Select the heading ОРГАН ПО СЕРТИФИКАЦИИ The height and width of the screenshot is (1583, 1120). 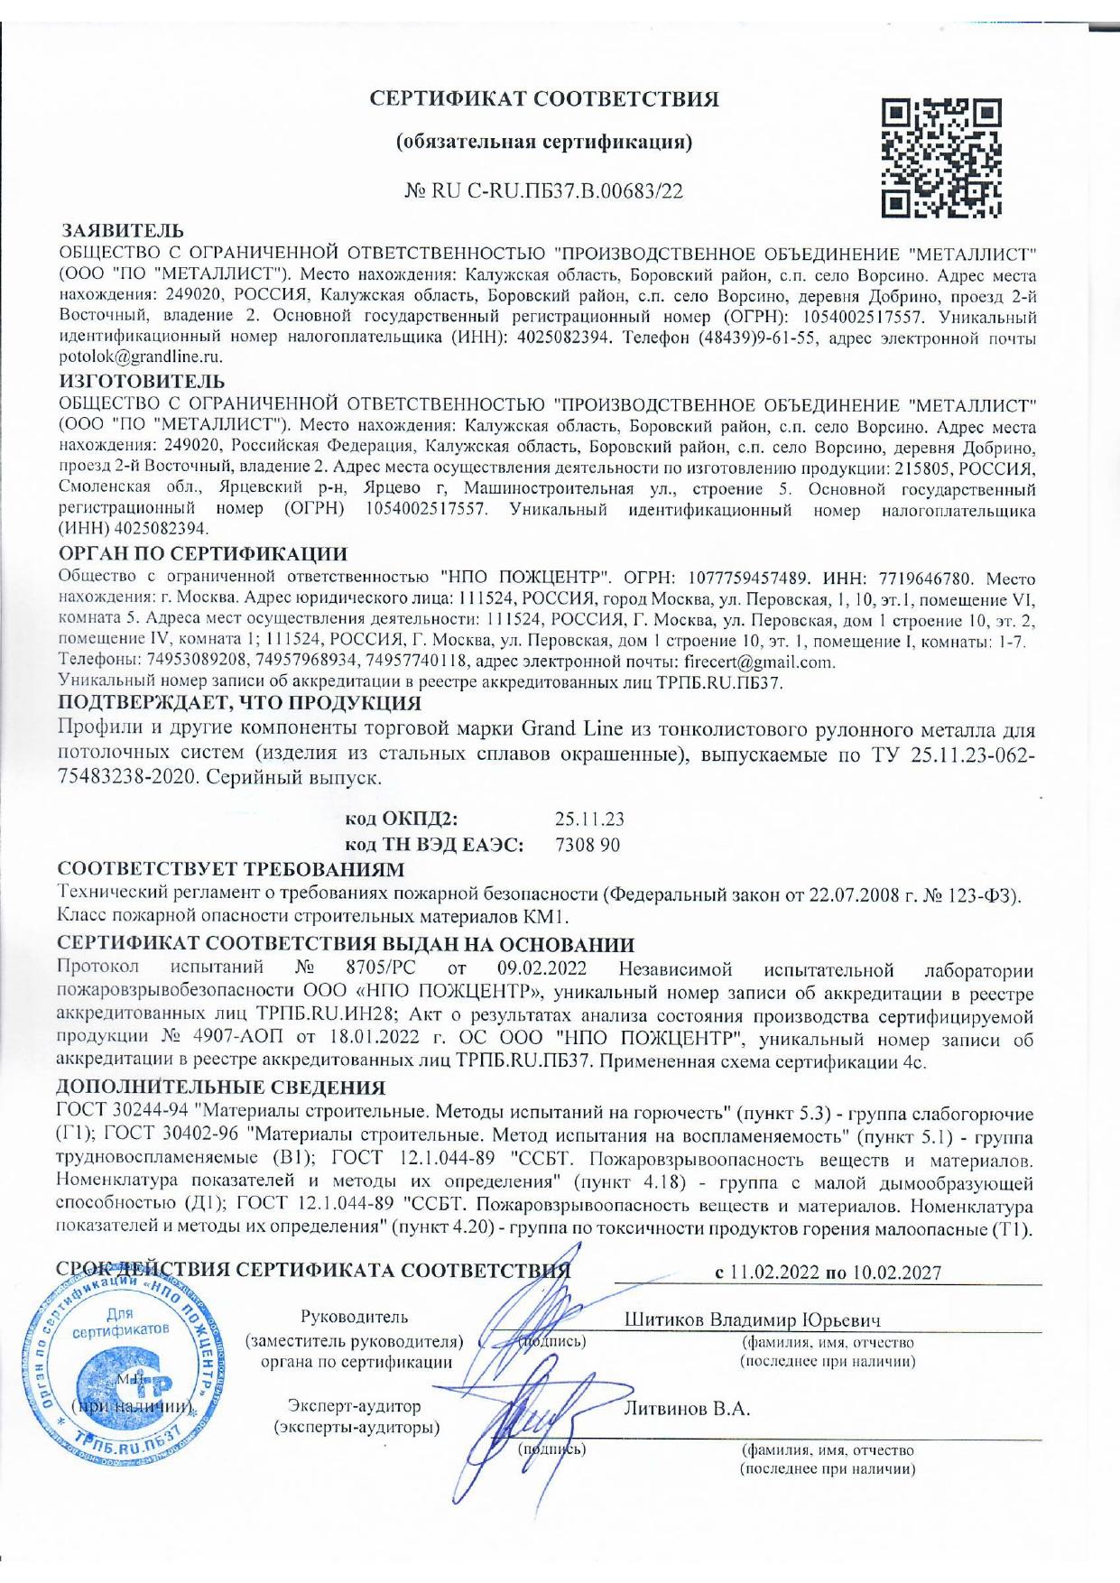[202, 552]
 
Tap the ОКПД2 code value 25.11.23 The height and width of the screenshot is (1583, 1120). [589, 819]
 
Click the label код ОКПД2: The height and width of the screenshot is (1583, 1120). [403, 819]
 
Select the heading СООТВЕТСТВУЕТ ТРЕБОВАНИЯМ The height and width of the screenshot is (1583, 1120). [230, 869]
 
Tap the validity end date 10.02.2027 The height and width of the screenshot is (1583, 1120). [896, 1273]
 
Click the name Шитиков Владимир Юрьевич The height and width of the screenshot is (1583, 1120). [753, 1319]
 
